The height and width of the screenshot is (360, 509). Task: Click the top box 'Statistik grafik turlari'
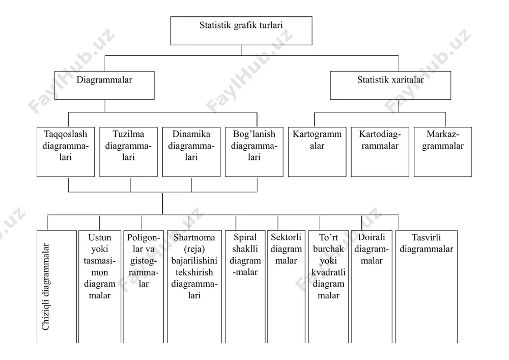pyautogui.click(x=241, y=31)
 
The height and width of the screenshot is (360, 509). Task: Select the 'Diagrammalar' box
pyautogui.click(x=104, y=86)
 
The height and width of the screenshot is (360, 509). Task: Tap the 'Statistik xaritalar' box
pyautogui.click(x=390, y=86)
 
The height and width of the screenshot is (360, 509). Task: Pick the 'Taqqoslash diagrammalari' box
pyautogui.click(x=66, y=152)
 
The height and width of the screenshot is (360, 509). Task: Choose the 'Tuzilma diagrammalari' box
pyautogui.click(x=129, y=152)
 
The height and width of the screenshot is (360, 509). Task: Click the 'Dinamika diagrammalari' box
pyautogui.click(x=191, y=152)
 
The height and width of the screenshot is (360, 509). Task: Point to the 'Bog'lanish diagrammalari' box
pyautogui.click(x=254, y=152)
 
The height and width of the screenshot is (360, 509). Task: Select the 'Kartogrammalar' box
pyautogui.click(x=317, y=152)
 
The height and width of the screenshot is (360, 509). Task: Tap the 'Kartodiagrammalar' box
pyautogui.click(x=380, y=152)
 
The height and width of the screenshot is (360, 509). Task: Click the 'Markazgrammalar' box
pyautogui.click(x=443, y=152)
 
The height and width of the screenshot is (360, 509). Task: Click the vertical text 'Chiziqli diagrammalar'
pyautogui.click(x=46, y=287)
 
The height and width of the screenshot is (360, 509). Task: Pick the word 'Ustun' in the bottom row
pyautogui.click(x=100, y=238)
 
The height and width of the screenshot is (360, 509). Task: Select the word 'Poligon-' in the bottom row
pyautogui.click(x=144, y=238)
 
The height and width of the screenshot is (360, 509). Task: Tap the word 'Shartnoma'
pyautogui.click(x=194, y=238)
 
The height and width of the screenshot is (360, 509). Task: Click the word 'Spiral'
pyautogui.click(x=245, y=238)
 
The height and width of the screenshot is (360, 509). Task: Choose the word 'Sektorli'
pyautogui.click(x=286, y=237)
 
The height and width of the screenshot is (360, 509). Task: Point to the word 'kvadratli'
pyautogui.click(x=328, y=272)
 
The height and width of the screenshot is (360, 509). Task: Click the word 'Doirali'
pyautogui.click(x=372, y=237)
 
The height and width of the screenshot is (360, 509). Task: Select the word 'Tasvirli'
pyautogui.click(x=426, y=237)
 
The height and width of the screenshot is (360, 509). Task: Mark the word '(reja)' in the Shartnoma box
pyautogui.click(x=194, y=250)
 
